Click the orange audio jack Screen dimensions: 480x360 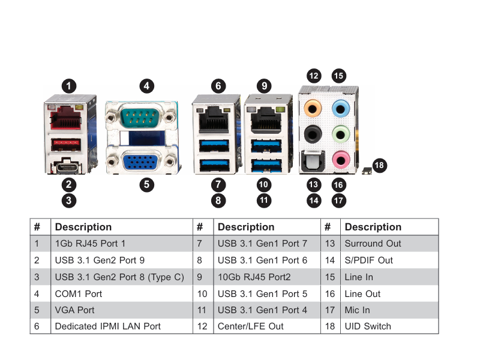click(x=313, y=109)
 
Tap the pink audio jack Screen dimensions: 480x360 click(x=341, y=160)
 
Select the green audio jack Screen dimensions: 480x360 click(x=341, y=134)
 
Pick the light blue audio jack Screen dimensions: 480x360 click(x=341, y=109)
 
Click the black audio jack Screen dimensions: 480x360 click(x=313, y=134)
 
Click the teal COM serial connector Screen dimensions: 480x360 click(x=141, y=116)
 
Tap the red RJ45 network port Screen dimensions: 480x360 click(x=65, y=118)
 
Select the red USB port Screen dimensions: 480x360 click(x=66, y=145)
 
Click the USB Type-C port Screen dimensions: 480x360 click(x=67, y=167)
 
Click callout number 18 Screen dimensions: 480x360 click(x=379, y=166)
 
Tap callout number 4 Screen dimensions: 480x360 click(x=146, y=86)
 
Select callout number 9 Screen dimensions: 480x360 click(x=264, y=86)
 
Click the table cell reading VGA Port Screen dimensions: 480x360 click(x=122, y=310)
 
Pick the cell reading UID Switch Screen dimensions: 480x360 click(x=389, y=326)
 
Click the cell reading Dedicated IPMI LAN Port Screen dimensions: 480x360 click(x=122, y=326)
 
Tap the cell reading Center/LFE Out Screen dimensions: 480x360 click(x=267, y=326)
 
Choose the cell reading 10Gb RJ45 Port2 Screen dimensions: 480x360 click(x=267, y=277)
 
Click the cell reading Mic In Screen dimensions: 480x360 click(x=389, y=310)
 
